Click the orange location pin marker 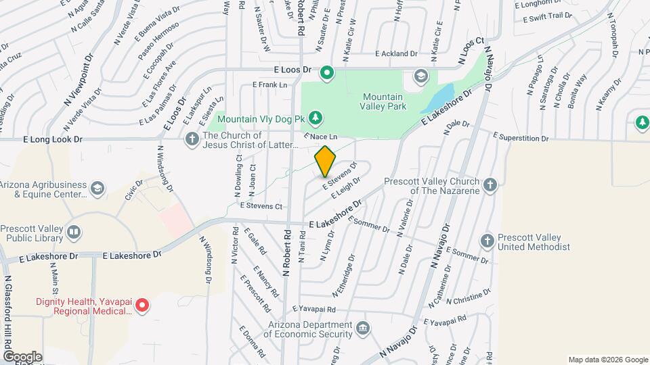pos(326,161)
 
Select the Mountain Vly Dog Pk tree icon pos(315,119)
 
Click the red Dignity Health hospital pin pos(142,306)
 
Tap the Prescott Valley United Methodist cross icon pos(487,241)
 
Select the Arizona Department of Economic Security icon pos(363,328)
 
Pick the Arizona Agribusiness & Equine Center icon pos(98,188)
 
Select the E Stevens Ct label pos(261,205)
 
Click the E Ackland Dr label pos(396,53)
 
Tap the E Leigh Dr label pos(345,189)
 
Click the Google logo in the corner pos(22,357)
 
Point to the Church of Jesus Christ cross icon pos(192,139)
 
